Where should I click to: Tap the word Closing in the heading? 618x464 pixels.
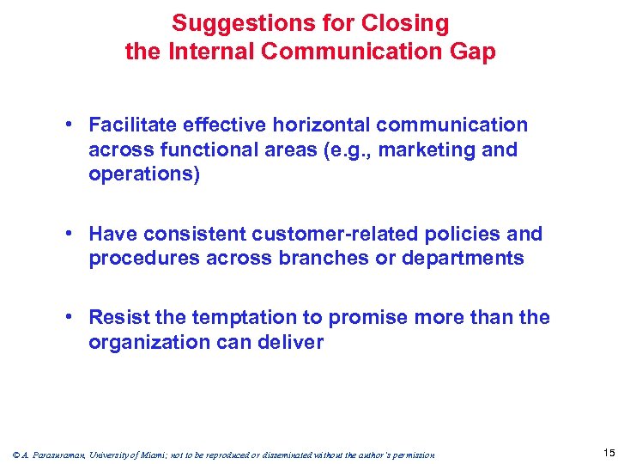pyautogui.click(x=409, y=23)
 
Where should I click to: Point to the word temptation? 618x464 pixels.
pyautogui.click(x=246, y=318)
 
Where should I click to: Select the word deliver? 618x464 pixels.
pyautogui.click(x=294, y=343)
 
